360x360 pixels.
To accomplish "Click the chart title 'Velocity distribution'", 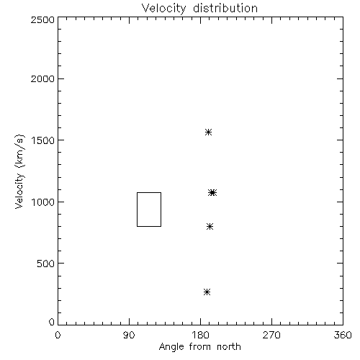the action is tap(199, 8).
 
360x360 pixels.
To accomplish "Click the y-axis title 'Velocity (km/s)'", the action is tap(19, 171).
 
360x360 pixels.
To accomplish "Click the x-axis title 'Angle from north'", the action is tap(199, 346).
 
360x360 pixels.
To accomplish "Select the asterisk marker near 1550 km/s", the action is tap(208, 132).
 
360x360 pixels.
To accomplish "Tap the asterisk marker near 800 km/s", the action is tap(210, 226).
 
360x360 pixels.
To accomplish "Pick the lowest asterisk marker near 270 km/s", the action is tap(207, 292).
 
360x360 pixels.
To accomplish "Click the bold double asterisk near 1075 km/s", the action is tap(212, 192).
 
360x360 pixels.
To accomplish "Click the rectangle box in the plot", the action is tap(137, 210).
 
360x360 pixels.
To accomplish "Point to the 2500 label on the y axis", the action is tap(42, 19).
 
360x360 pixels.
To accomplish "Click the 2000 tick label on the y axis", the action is tap(42, 78).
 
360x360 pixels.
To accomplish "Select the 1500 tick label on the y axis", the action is tap(43, 140).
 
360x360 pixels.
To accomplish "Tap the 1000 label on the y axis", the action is tap(43, 202).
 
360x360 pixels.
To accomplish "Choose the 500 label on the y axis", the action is tap(46, 264).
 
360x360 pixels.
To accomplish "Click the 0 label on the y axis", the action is tap(52, 322).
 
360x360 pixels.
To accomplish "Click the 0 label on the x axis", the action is tap(58, 335).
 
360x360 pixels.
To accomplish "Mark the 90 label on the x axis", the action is tap(129, 335).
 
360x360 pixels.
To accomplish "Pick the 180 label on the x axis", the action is tap(200, 335).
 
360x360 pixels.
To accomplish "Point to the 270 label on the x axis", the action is tap(271, 335).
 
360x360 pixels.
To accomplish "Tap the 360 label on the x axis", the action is tap(343, 335).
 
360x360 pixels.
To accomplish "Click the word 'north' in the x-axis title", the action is tap(229, 346).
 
